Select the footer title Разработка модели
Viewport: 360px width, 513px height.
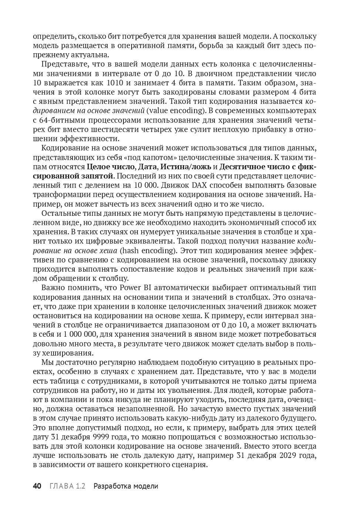pos(126,486)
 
